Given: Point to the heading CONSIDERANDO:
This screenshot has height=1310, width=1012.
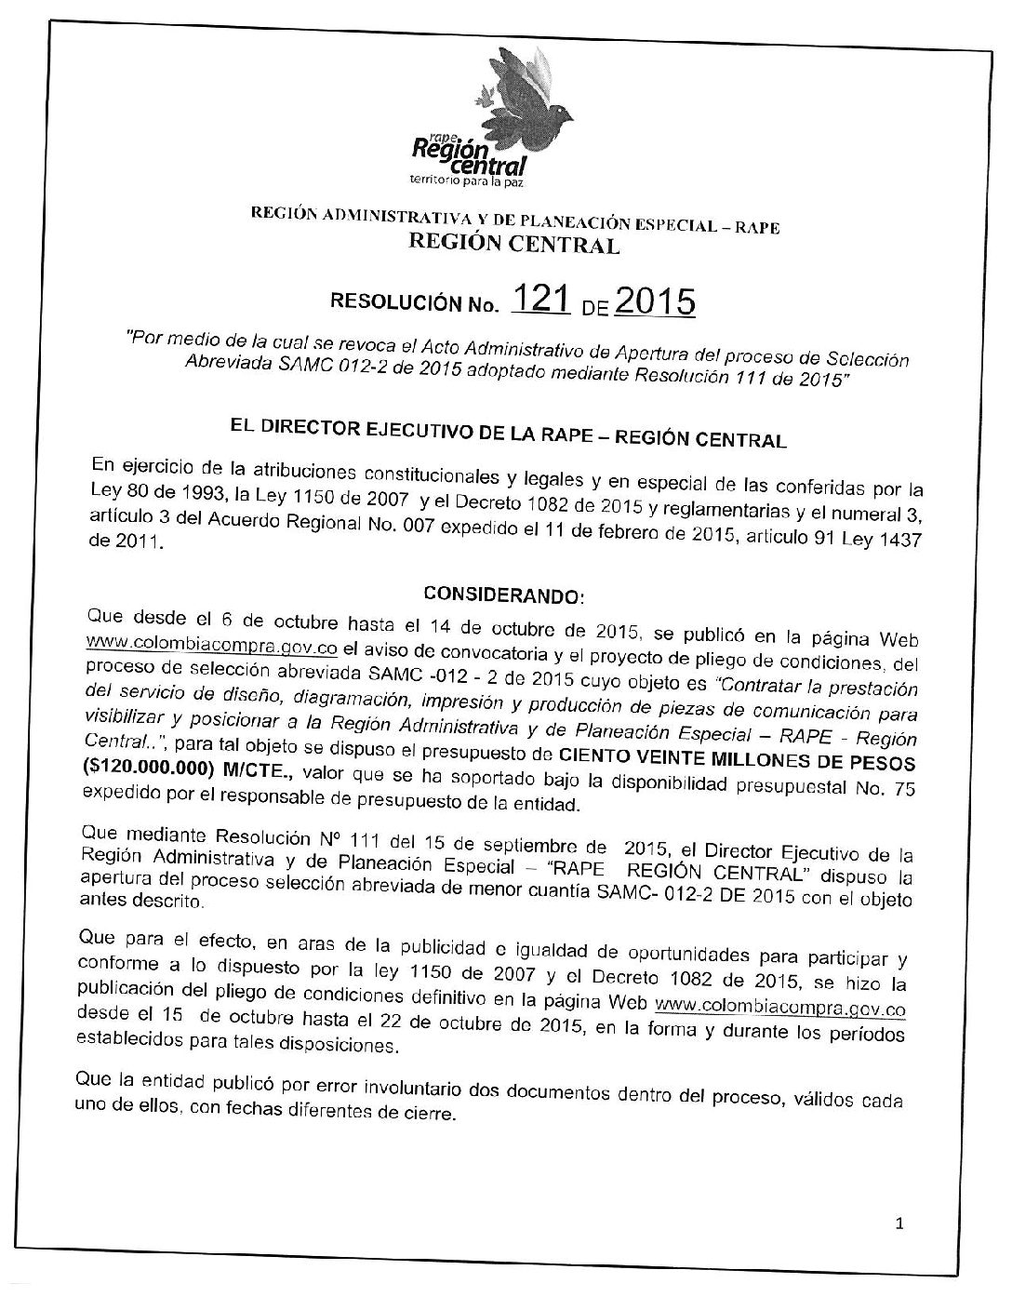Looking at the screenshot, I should (x=503, y=593).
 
